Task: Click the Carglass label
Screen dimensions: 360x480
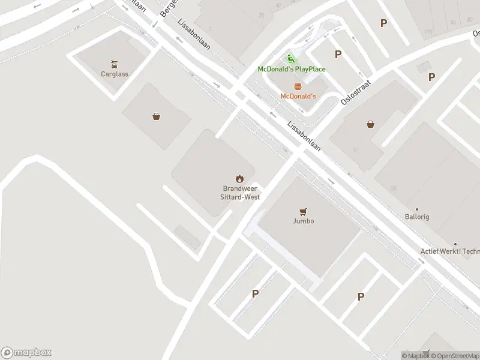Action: click(x=115, y=74)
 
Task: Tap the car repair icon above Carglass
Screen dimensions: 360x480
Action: click(x=114, y=64)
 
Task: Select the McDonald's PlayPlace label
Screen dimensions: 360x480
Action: click(x=292, y=69)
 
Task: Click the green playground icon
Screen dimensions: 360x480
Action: click(x=291, y=59)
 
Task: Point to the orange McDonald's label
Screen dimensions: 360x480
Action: click(x=298, y=96)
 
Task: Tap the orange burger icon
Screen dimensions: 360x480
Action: click(x=298, y=86)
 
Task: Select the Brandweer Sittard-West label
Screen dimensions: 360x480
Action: click(x=239, y=192)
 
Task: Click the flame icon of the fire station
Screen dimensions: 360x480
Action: click(x=239, y=178)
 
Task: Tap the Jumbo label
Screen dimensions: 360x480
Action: click(x=304, y=221)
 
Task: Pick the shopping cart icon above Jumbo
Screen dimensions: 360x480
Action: click(x=304, y=211)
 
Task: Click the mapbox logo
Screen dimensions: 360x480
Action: click(x=26, y=352)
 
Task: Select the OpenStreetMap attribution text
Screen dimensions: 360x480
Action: click(x=457, y=356)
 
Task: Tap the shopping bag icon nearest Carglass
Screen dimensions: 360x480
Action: click(x=156, y=116)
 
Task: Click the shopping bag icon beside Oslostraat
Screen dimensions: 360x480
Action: click(x=371, y=125)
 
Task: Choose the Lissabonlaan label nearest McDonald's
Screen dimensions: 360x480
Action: click(x=304, y=137)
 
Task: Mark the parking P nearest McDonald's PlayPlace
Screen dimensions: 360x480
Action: click(x=338, y=54)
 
